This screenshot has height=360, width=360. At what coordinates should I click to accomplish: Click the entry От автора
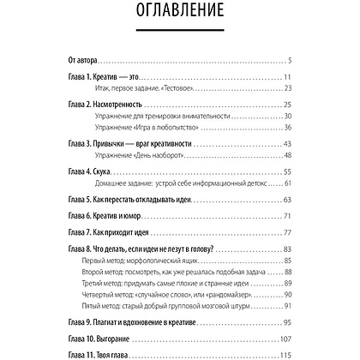(82, 61)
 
